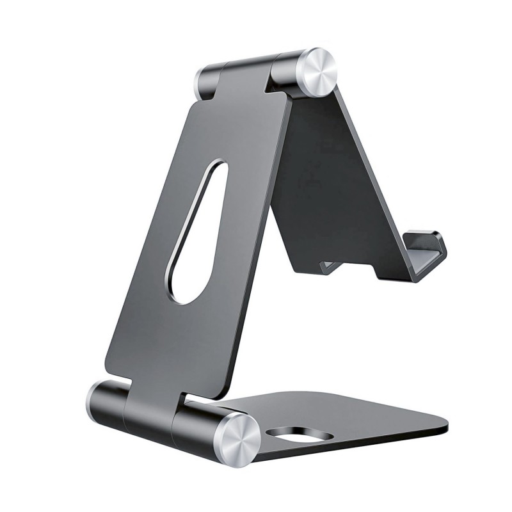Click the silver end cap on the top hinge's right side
[314, 72]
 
